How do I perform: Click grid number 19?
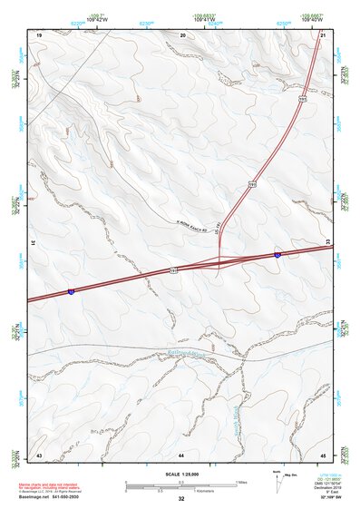[39, 34]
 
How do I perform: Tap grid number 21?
[323, 34]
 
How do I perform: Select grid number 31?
[33, 243]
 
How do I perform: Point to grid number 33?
[327, 243]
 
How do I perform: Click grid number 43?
[39, 453]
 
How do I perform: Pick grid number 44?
[181, 453]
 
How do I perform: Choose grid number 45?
[323, 453]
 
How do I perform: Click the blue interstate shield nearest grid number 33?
[278, 256]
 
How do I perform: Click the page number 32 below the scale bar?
[181, 500]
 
